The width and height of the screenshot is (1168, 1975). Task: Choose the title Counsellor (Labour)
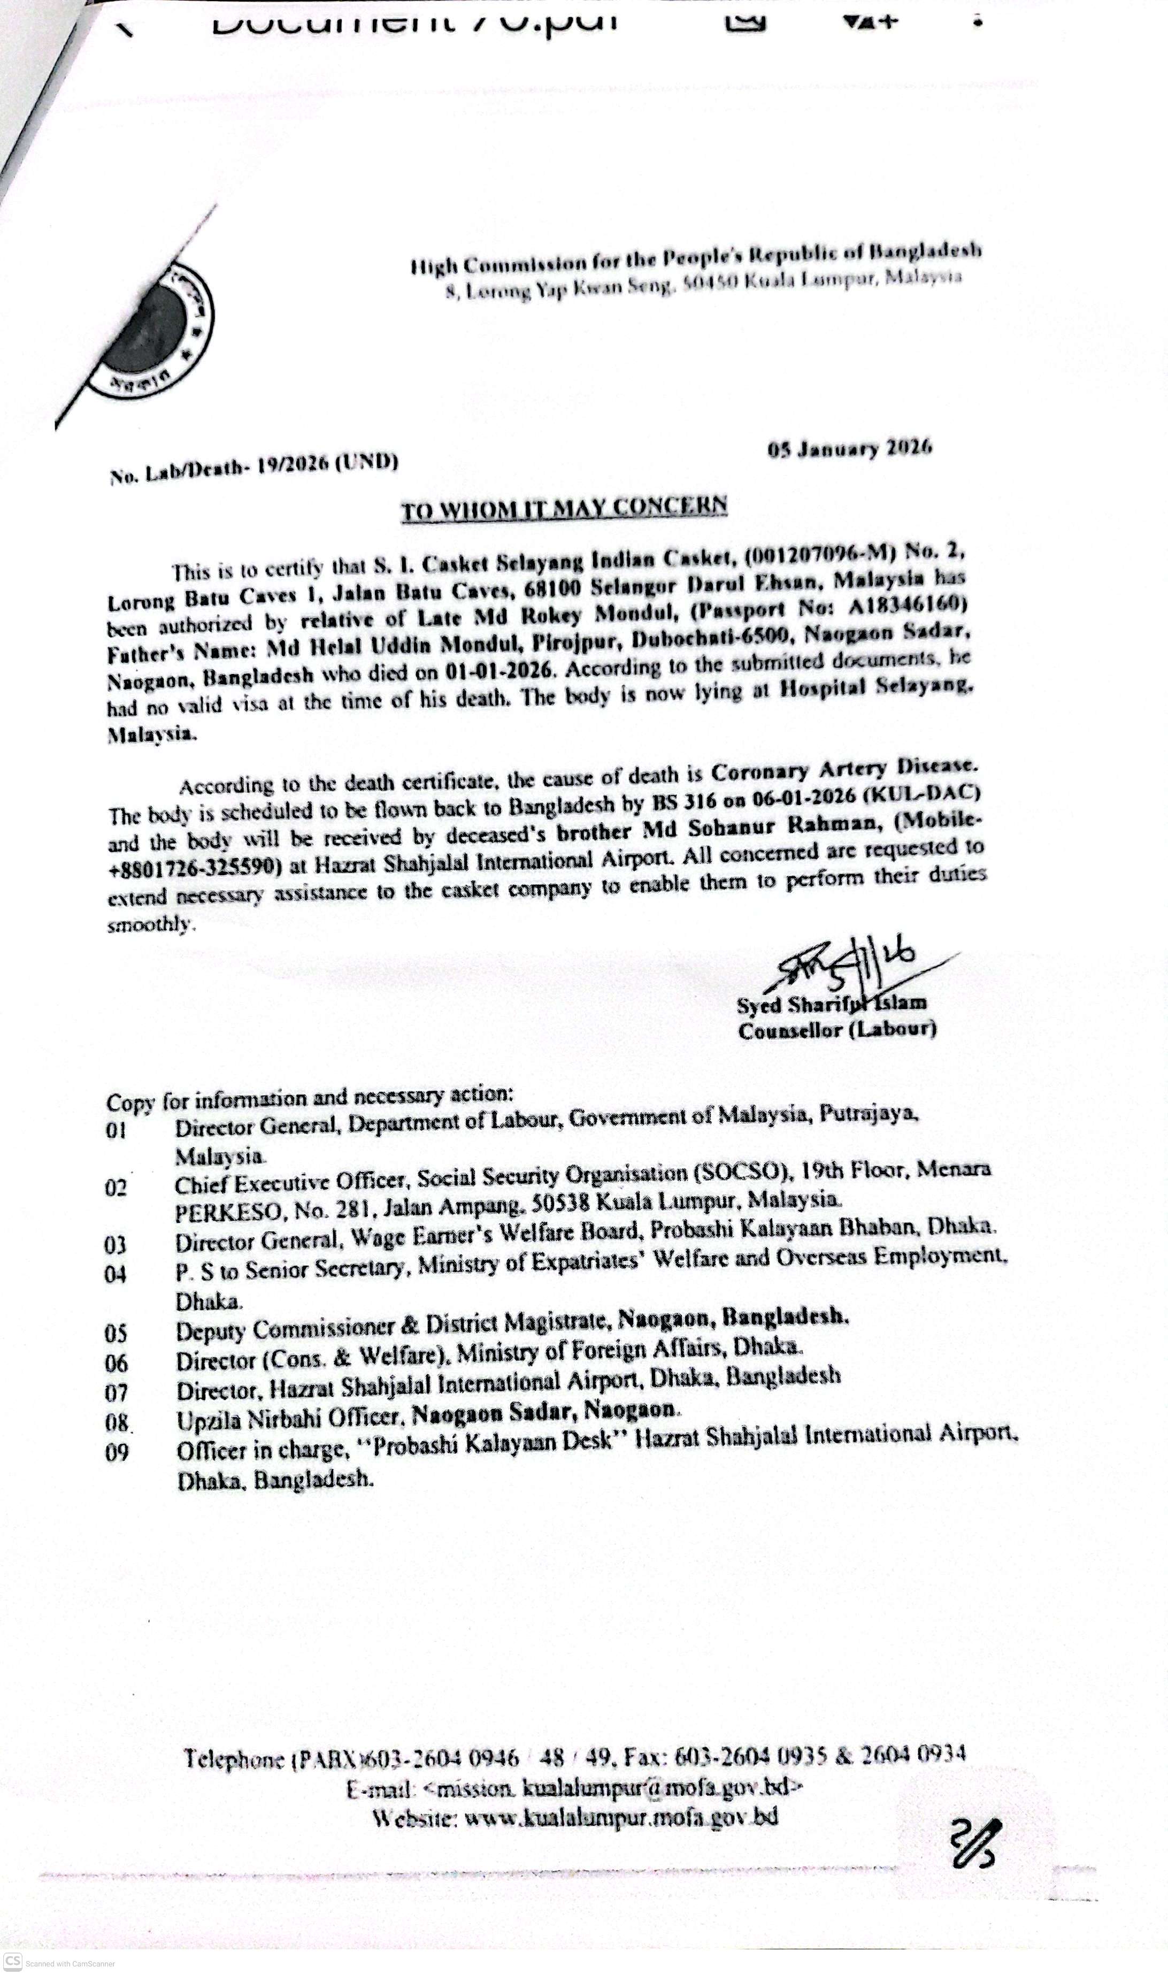click(x=836, y=1030)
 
